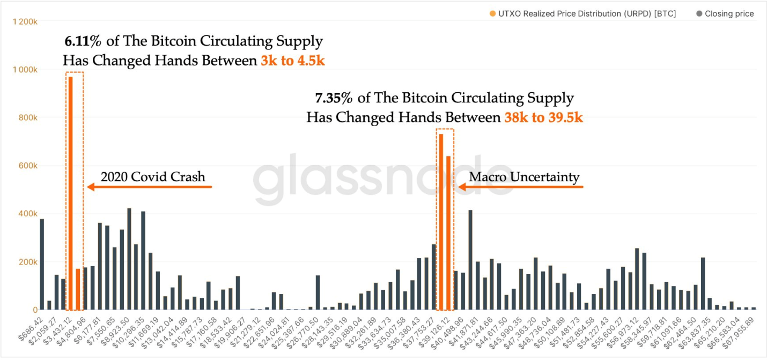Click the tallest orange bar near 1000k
tap(70, 193)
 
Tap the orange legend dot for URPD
tap(492, 14)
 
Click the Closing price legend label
tap(729, 14)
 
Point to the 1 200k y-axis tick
tap(25, 21)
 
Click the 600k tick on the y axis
tap(28, 166)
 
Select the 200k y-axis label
tap(28, 262)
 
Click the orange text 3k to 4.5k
tap(292, 60)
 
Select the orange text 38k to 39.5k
tap(543, 117)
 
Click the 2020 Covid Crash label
tap(153, 177)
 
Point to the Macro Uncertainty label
tap(524, 177)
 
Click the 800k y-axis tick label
tap(28, 117)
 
